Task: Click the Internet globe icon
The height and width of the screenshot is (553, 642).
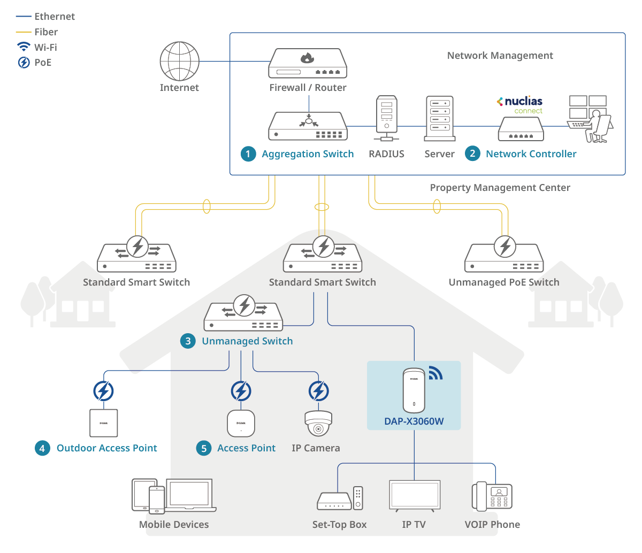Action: point(179,62)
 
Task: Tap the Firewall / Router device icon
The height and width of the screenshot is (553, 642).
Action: point(308,64)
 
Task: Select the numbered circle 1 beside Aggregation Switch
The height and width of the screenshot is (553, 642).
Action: point(248,154)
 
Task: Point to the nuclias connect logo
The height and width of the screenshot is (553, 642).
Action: point(520,104)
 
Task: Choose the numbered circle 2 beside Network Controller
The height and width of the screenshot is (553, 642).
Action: point(472,154)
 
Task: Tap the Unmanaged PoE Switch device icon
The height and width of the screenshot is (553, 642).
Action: point(504,255)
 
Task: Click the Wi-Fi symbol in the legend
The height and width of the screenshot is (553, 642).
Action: point(24,47)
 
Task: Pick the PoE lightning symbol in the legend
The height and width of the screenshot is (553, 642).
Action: point(24,63)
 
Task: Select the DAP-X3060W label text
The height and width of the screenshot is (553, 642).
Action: point(414,421)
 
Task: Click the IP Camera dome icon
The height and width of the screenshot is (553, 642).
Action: point(318,424)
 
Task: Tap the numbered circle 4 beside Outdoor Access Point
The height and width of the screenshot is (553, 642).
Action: point(42,448)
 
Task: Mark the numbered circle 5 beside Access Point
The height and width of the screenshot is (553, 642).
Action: point(204,448)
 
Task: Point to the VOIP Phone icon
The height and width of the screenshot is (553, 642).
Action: point(492,496)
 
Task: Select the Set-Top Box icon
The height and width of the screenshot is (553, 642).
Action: point(340,498)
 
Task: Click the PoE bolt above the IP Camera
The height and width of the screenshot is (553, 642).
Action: point(319,391)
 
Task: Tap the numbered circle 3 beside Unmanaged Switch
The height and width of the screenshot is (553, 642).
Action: point(188,341)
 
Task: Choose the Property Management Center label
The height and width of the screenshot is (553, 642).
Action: point(500,188)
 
